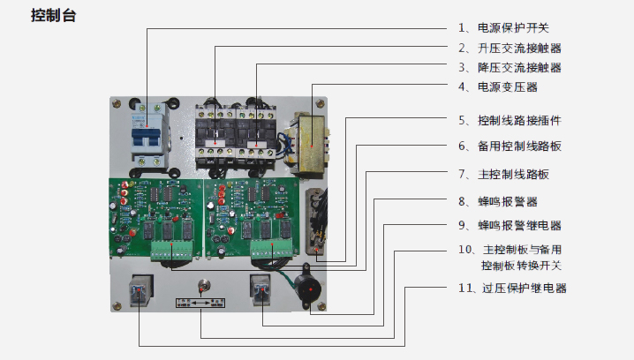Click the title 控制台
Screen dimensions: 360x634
[x=52, y=15]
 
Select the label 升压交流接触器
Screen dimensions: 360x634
[x=519, y=48]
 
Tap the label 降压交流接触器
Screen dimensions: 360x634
[x=519, y=67]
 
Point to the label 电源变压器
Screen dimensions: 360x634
[x=507, y=86]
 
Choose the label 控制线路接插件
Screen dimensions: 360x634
[x=519, y=119]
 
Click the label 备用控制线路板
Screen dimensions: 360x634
[x=519, y=146]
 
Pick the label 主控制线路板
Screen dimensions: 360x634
[x=513, y=174]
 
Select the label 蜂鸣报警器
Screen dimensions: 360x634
[x=507, y=201]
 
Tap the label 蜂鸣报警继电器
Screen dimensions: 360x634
[x=519, y=225]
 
